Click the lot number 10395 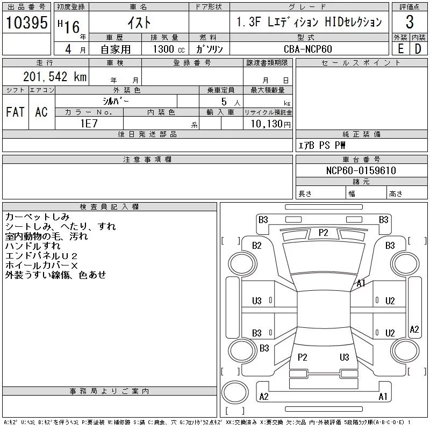click(26, 22)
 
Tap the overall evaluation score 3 click(410, 22)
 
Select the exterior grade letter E click(400, 49)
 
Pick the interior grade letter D click(418, 49)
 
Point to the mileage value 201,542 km click(55, 76)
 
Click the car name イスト click(139, 23)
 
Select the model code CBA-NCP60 click(307, 49)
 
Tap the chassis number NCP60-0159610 click(361, 170)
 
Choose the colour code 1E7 click(89, 124)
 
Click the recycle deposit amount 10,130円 click(271, 124)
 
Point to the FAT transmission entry click(16, 112)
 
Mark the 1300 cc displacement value click(169, 49)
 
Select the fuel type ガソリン click(209, 49)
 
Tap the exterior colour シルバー click(116, 102)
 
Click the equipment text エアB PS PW click(321, 145)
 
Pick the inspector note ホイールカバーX click(41, 266)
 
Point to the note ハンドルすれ click(33, 246)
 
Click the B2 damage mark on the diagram click(257, 246)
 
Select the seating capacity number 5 click(224, 102)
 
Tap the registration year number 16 click(72, 27)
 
